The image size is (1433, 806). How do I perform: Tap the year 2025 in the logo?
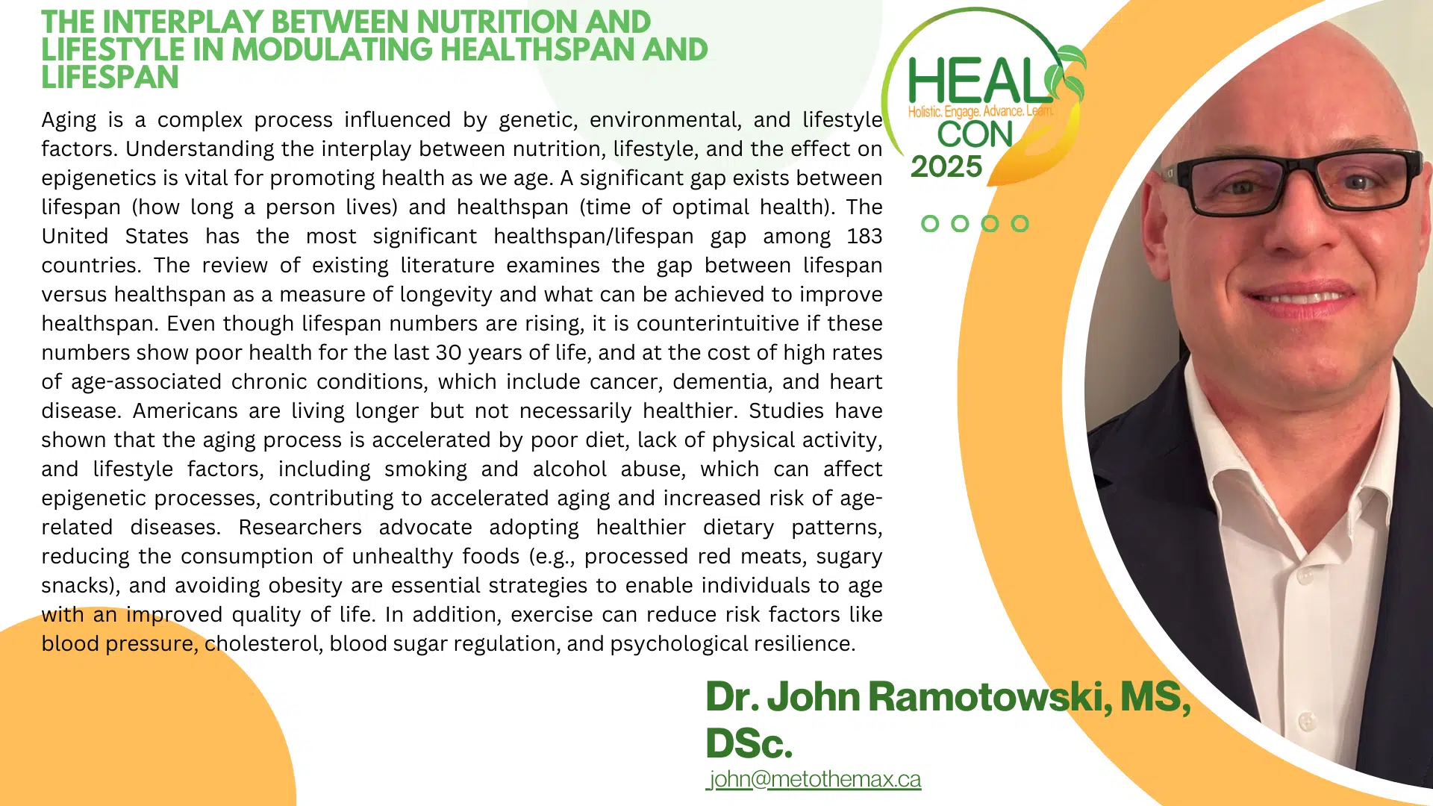click(946, 166)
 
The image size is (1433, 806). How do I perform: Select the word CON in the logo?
click(975, 134)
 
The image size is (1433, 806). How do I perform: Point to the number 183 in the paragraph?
click(864, 237)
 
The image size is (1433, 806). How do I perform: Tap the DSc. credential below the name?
click(749, 743)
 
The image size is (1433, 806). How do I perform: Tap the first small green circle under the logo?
click(930, 224)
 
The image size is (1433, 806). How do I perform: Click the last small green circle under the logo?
click(1020, 224)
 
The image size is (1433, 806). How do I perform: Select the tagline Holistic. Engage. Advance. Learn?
click(980, 112)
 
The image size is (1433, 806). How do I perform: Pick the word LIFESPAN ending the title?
click(110, 78)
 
